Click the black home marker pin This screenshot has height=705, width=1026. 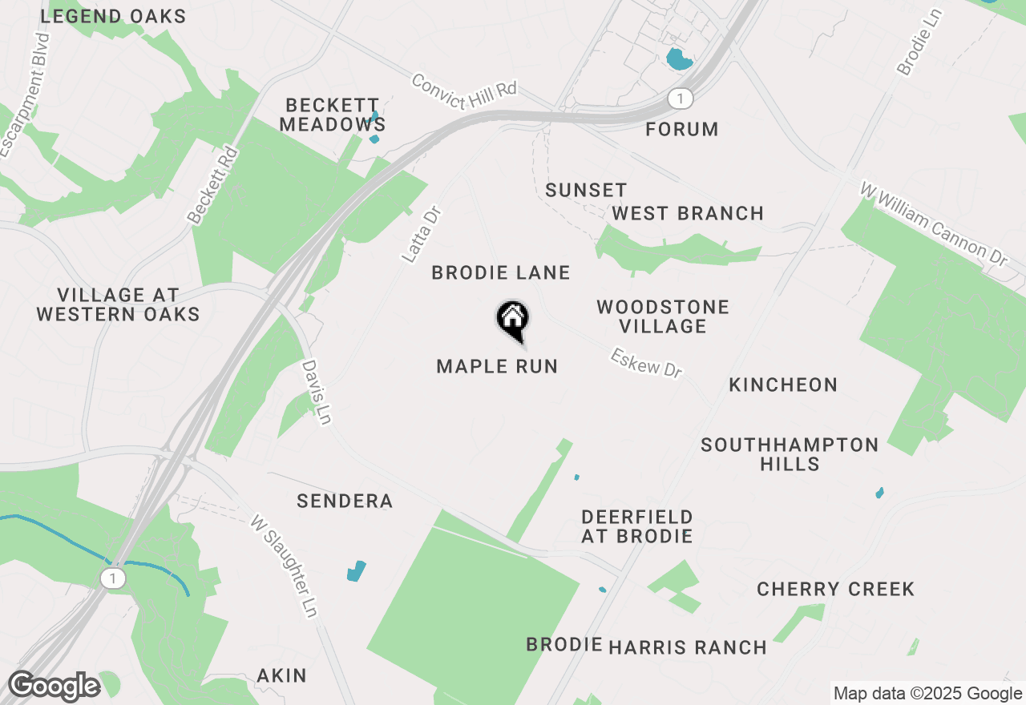click(x=512, y=320)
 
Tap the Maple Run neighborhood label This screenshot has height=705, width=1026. click(x=497, y=367)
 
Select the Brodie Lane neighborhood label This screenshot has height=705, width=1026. click(x=501, y=273)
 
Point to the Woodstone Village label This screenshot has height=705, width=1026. click(x=663, y=316)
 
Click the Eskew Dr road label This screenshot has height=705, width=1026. click(x=646, y=363)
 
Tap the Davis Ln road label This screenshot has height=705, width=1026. click(x=317, y=391)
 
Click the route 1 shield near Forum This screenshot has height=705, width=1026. click(x=680, y=99)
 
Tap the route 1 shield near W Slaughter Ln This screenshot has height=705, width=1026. click(x=114, y=578)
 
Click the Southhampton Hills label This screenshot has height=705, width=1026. click(x=790, y=454)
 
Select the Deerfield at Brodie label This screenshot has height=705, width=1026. click(x=637, y=526)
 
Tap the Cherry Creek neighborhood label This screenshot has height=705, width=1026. click(x=835, y=590)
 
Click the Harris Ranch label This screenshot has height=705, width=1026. click(x=687, y=647)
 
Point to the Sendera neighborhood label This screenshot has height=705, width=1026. click(x=345, y=502)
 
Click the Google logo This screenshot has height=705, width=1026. click(x=54, y=686)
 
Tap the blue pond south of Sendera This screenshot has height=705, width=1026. click(x=356, y=571)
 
